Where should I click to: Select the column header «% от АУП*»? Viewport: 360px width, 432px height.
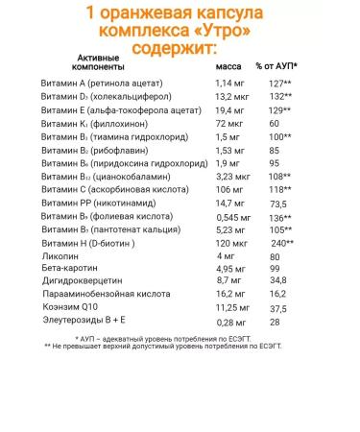coord(276,68)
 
